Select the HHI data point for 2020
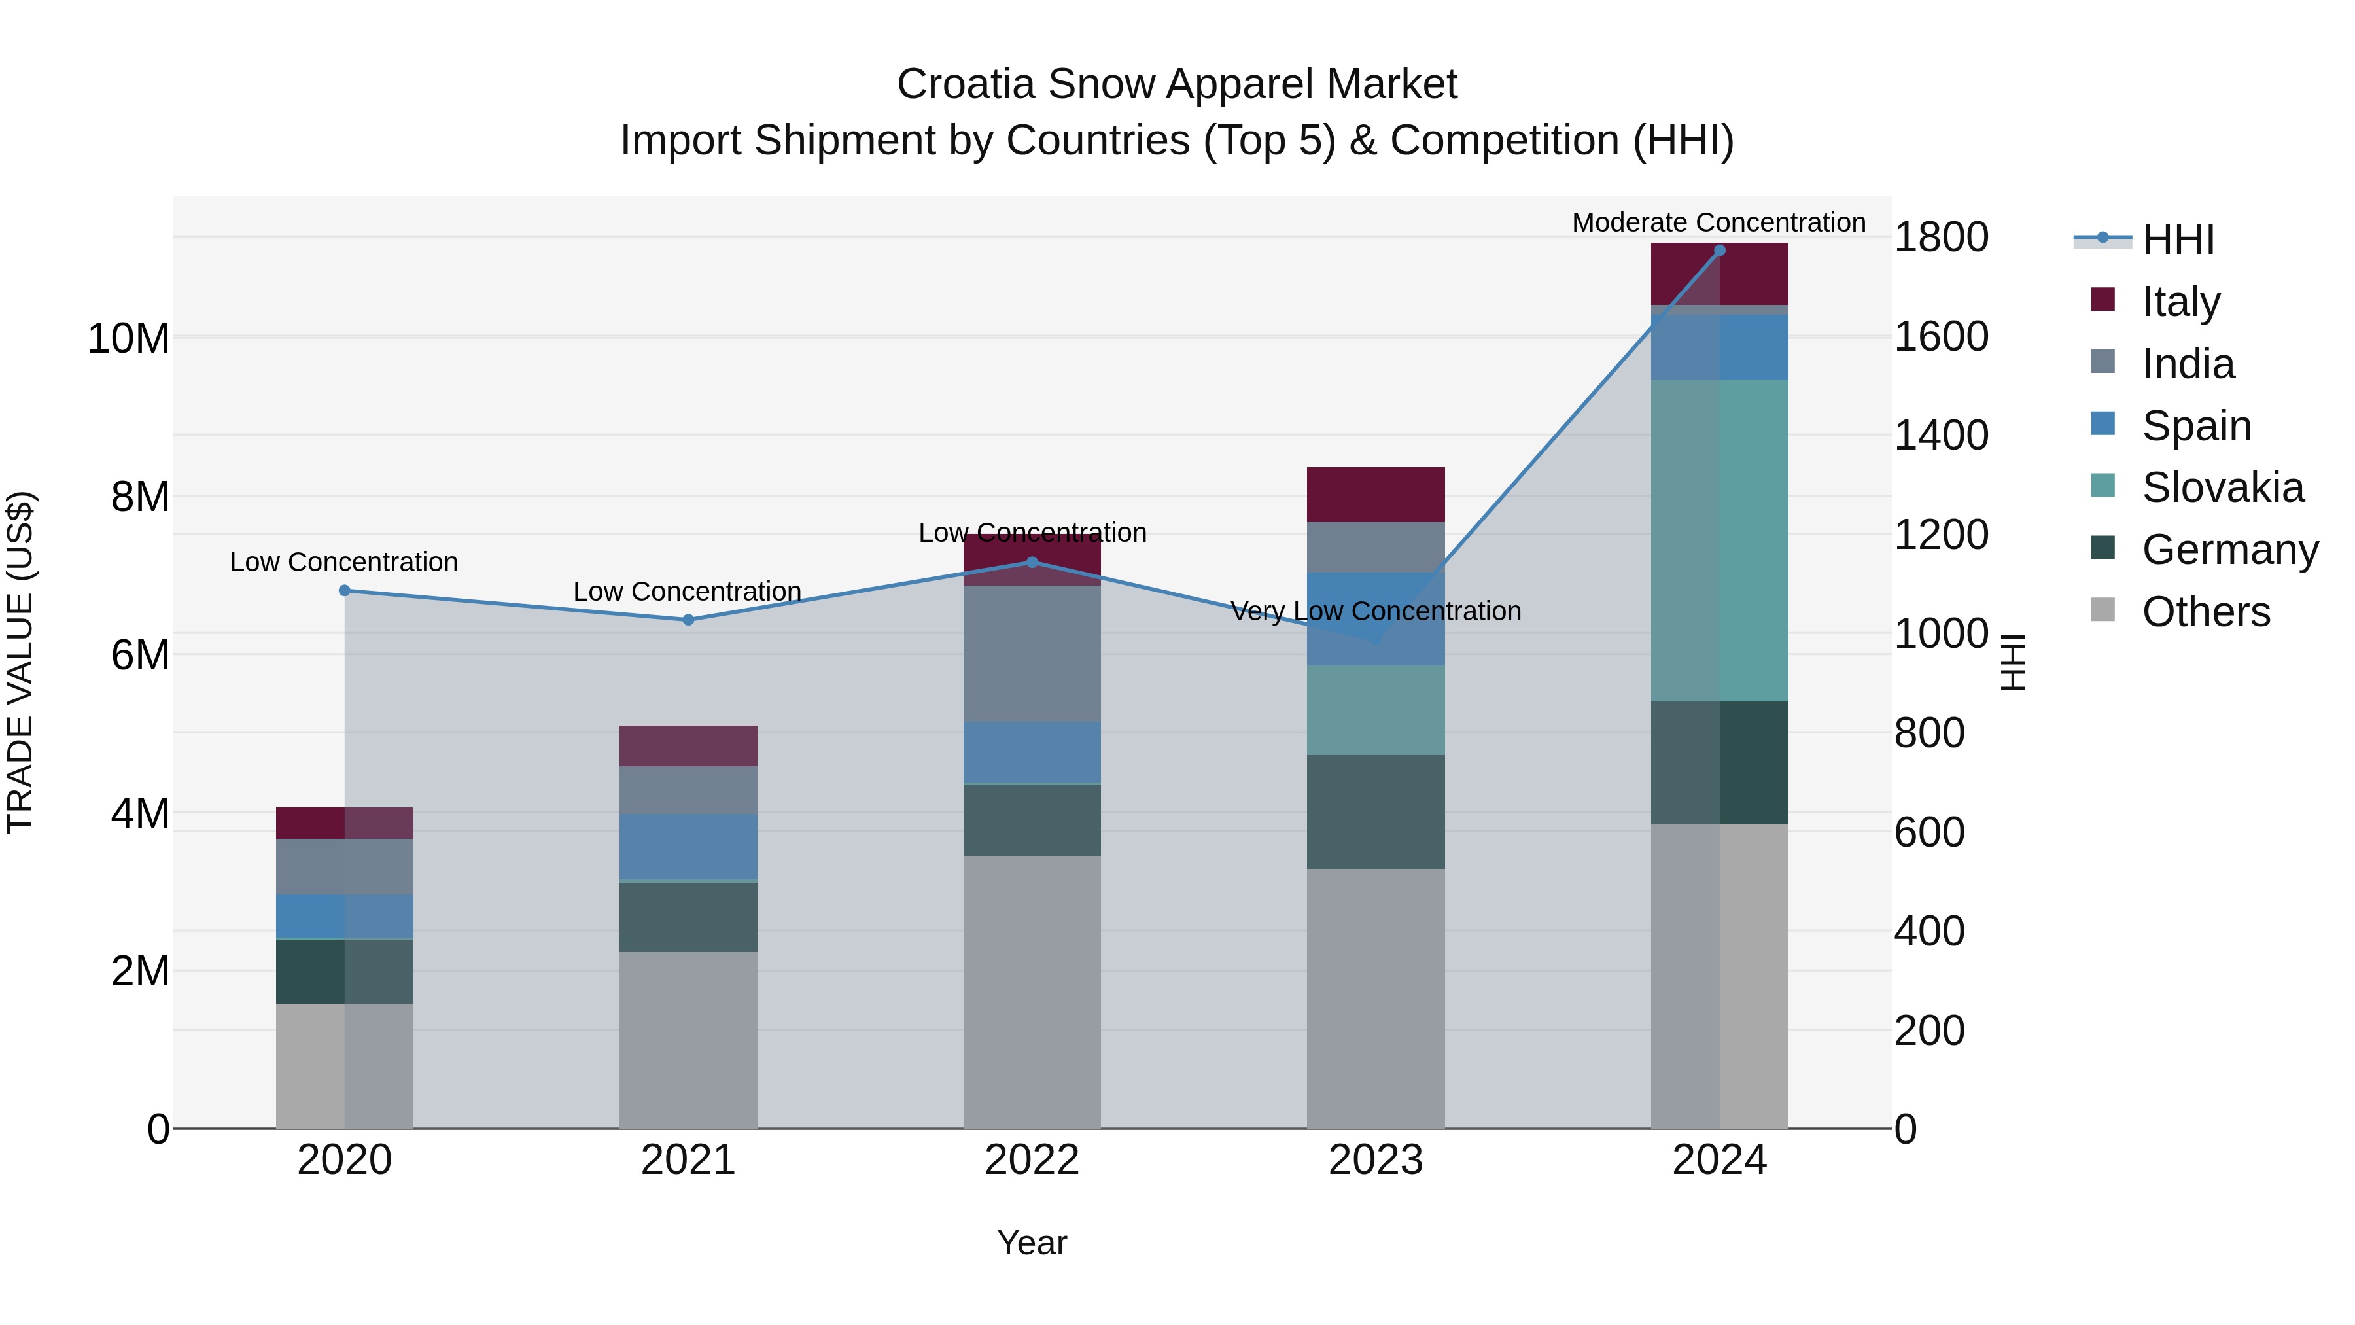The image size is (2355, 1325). (x=345, y=591)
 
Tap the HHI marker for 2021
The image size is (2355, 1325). (x=688, y=620)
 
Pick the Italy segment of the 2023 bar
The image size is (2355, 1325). (x=1375, y=495)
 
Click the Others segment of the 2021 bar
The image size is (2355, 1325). (x=688, y=1040)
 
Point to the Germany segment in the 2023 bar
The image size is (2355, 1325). (x=1375, y=811)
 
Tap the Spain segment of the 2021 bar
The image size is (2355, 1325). (x=688, y=847)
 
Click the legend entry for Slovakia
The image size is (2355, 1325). (x=2222, y=487)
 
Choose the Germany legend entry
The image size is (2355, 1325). (x=2229, y=550)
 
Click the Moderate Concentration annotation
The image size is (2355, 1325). (x=1718, y=222)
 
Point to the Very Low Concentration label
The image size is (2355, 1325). (x=1375, y=611)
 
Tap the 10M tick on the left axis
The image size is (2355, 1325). (x=128, y=338)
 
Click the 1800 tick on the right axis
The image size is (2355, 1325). (x=1940, y=238)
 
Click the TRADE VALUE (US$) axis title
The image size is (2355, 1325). (x=20, y=662)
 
